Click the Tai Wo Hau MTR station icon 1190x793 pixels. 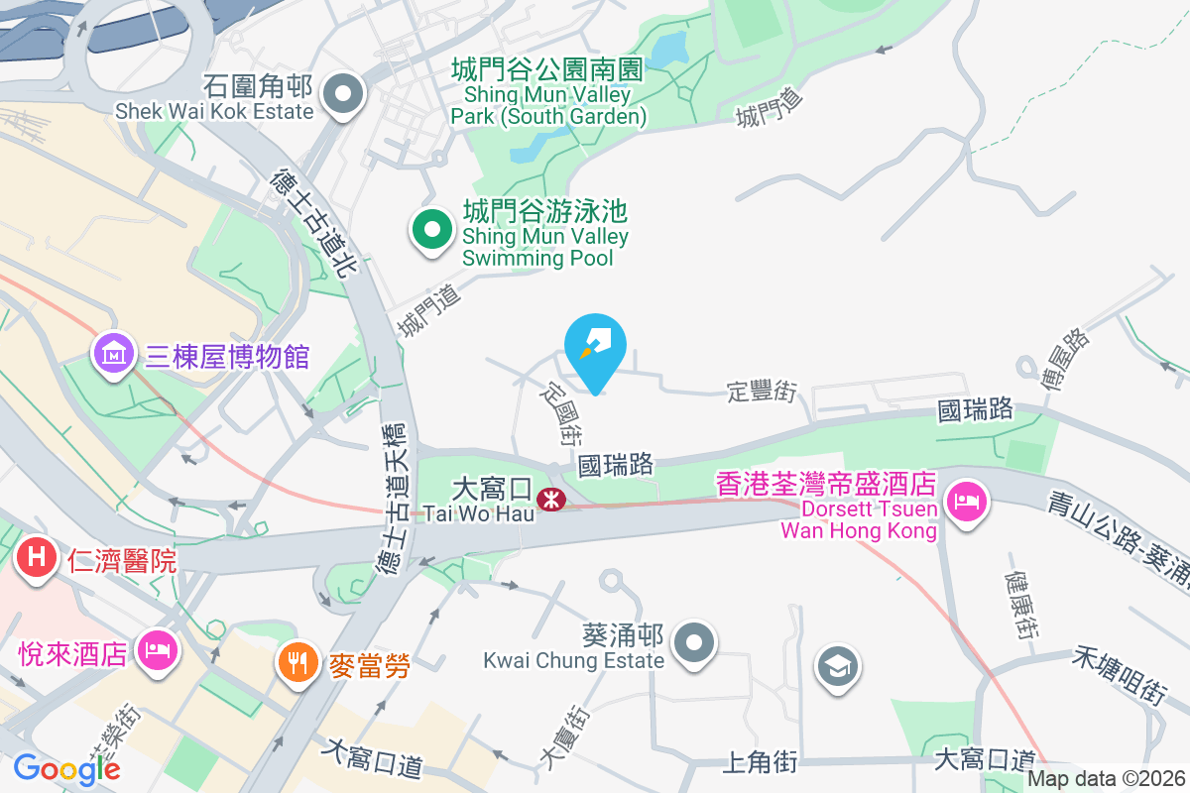(546, 501)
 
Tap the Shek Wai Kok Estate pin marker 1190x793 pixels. (344, 95)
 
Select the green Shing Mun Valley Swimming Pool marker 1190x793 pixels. (432, 230)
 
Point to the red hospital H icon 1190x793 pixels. (36, 558)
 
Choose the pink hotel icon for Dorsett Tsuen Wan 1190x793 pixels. (964, 499)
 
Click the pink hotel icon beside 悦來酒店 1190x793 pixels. (157, 651)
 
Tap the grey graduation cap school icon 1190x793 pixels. (839, 666)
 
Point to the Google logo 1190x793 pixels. (66, 768)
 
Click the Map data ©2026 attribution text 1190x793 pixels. (1105, 780)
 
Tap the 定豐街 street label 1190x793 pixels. (762, 393)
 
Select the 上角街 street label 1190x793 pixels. (760, 761)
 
